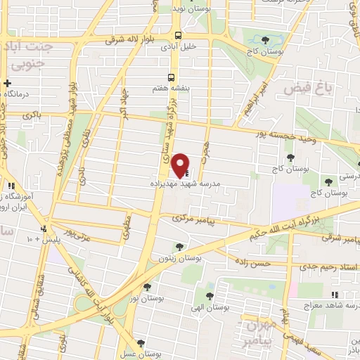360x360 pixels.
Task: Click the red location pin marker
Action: [x=181, y=165]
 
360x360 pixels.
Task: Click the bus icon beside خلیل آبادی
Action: [x=179, y=34]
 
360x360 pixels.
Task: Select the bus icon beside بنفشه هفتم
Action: [x=172, y=78]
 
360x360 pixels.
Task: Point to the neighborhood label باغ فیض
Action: [x=306, y=90]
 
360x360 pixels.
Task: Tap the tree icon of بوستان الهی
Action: [x=210, y=295]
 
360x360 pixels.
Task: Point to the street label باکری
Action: [x=32, y=115]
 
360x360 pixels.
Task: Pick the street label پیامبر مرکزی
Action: [x=192, y=219]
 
